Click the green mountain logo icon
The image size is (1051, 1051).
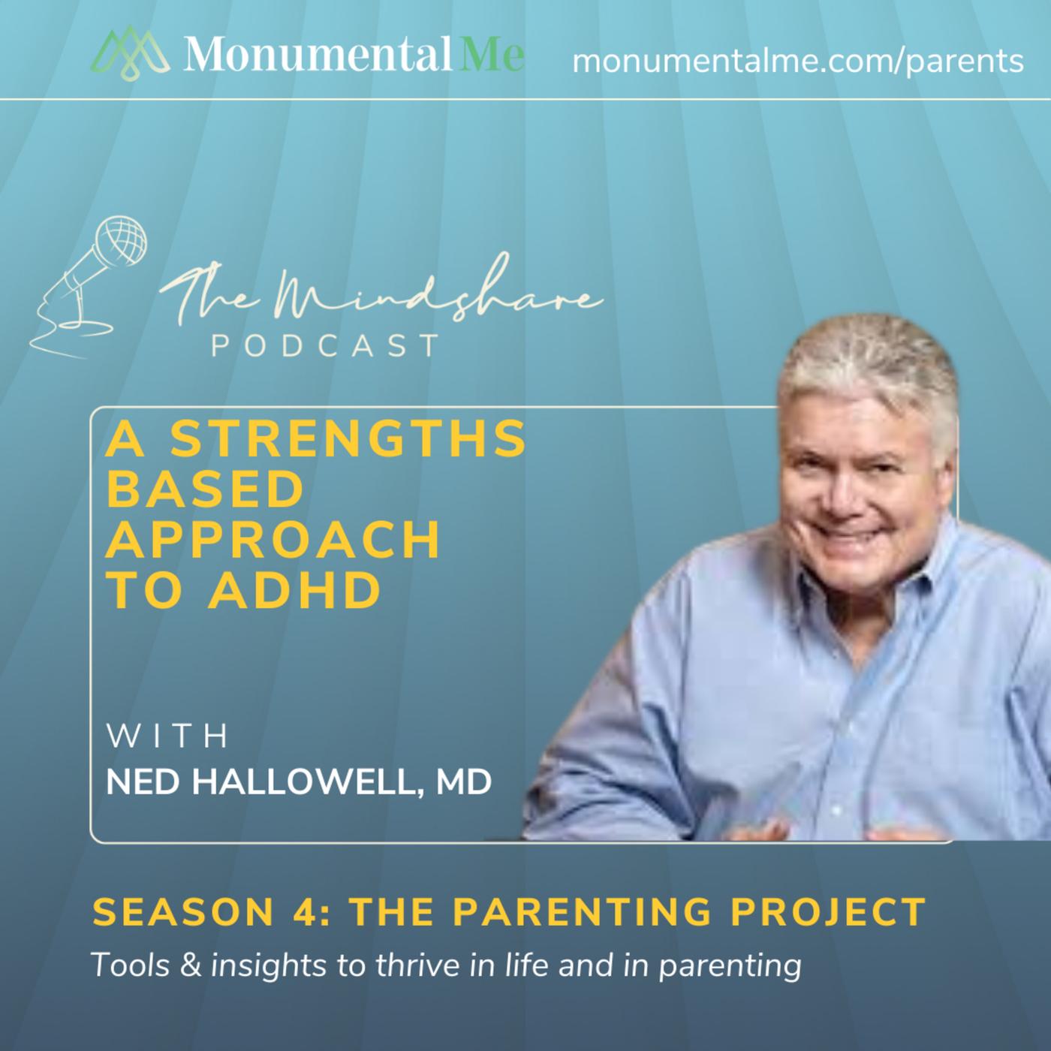130,53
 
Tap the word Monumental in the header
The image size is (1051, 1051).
318,53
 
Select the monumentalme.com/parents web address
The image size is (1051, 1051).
798,62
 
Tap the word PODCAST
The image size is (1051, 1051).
325,346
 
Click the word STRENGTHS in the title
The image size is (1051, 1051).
348,439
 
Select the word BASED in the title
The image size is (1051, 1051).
205,489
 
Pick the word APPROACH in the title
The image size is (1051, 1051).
273,540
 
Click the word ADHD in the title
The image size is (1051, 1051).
294,590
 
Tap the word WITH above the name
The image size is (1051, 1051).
167,736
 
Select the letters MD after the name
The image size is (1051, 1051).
464,782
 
